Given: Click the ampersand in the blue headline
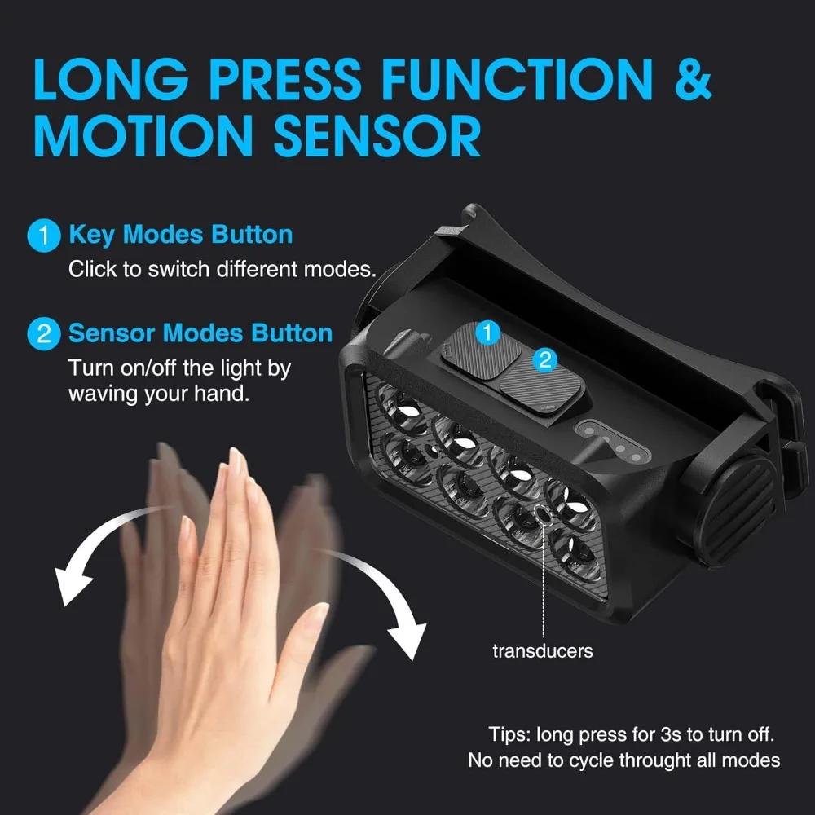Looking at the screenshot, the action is [x=693, y=78].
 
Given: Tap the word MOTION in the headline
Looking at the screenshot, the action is [x=143, y=136].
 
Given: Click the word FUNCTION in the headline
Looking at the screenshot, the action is [x=518, y=78].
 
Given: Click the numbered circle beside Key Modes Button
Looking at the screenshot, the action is [x=44, y=236].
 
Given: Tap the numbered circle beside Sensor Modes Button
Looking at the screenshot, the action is [x=44, y=333].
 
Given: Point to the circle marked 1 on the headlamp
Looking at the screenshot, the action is [x=487, y=333].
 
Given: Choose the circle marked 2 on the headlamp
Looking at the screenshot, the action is [x=545, y=359].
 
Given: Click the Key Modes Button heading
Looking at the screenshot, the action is [x=181, y=235].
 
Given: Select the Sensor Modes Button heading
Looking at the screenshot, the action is [x=200, y=333].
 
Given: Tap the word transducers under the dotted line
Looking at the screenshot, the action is [x=543, y=650].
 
